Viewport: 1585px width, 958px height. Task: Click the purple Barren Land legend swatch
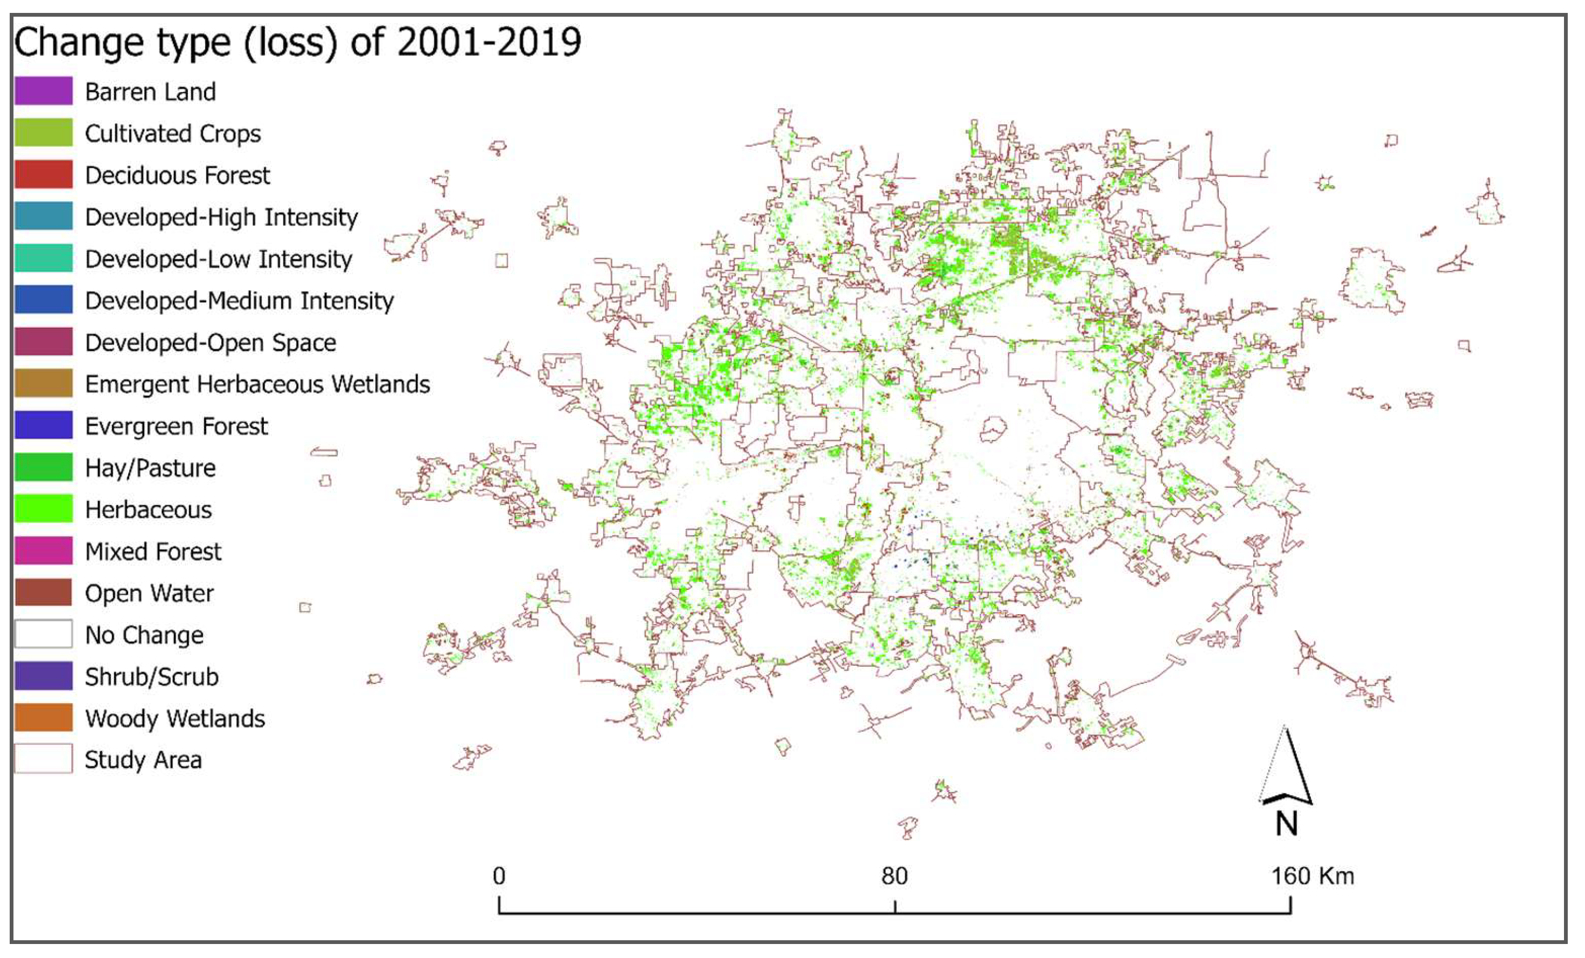(43, 90)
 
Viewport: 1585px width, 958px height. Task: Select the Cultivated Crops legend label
(172, 133)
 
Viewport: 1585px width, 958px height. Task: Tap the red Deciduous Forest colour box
(43, 174)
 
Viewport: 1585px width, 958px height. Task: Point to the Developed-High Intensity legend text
(221, 217)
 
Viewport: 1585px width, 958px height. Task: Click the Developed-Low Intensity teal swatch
(43, 258)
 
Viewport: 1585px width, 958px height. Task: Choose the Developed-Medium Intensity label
(239, 301)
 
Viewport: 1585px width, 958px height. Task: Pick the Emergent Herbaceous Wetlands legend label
(257, 384)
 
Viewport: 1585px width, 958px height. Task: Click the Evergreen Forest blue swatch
(43, 425)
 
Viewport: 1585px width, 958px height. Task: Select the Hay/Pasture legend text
(150, 468)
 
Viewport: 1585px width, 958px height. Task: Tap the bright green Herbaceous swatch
(43, 509)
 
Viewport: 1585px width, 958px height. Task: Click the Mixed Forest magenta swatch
(43, 551)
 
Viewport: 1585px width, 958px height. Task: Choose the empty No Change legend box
(43, 634)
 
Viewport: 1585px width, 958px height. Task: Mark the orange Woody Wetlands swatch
(43, 717)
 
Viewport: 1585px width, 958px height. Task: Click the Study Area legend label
(143, 760)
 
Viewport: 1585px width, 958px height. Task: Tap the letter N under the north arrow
(1287, 823)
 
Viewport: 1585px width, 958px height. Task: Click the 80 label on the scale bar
(894, 876)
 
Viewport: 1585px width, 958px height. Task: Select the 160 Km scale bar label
(1312, 876)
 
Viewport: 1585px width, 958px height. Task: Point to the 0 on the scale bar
(499, 876)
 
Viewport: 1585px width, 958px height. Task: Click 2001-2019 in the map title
(489, 43)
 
